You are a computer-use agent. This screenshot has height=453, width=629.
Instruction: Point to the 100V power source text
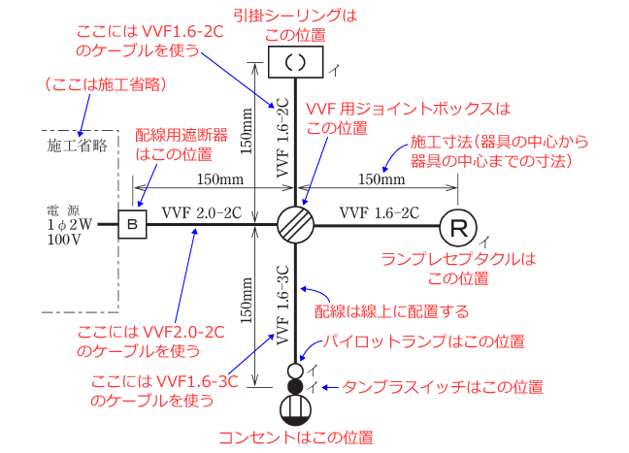[63, 241]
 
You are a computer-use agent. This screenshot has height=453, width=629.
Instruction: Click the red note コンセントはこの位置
[295, 437]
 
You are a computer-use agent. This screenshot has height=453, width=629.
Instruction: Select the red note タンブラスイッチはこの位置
[442, 387]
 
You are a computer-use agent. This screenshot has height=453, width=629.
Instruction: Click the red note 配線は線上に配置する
[392, 311]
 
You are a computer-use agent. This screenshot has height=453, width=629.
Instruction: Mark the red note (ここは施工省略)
[106, 85]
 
